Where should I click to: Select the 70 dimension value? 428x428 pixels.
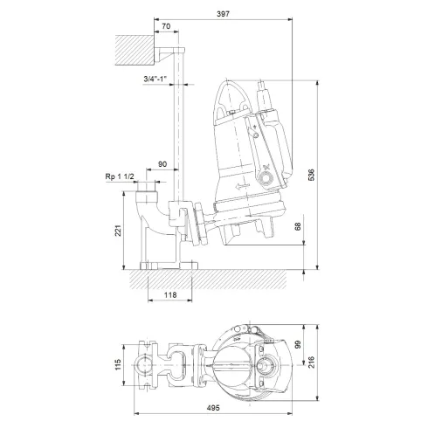(x=166, y=28)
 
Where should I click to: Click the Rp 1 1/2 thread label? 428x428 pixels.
(x=120, y=177)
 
